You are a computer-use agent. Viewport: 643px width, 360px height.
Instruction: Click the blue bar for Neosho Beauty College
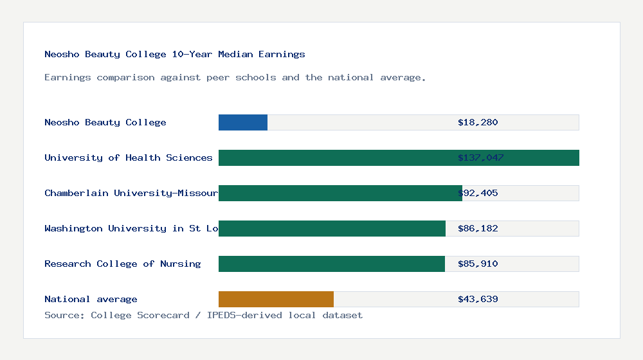click(243, 122)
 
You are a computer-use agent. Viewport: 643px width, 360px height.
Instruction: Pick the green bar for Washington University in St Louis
click(332, 228)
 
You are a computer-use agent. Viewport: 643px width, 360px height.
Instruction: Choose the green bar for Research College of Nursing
click(332, 264)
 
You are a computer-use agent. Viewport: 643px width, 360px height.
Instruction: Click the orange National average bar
click(276, 299)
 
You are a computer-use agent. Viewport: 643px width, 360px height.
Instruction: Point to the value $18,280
click(478, 122)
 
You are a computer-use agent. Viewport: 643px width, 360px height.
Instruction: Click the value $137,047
click(480, 157)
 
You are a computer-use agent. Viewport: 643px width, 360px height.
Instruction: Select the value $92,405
click(478, 193)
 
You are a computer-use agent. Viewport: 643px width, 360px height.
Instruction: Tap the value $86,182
click(478, 228)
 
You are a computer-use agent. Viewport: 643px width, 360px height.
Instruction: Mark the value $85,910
click(478, 264)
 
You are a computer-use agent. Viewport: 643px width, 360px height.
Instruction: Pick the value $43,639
click(478, 299)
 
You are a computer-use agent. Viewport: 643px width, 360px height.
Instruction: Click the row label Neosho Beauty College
click(105, 122)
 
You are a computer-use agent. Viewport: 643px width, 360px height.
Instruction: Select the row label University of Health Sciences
click(129, 157)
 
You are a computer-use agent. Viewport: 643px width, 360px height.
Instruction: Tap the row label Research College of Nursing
click(123, 264)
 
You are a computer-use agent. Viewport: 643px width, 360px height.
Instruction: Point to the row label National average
click(91, 299)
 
